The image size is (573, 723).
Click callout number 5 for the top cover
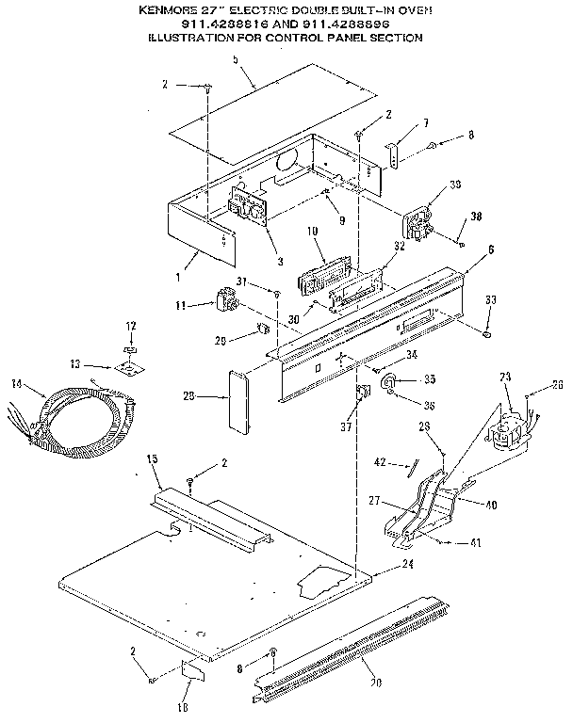[236, 60]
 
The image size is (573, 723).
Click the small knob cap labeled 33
[487, 332]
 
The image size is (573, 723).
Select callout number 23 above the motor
[504, 378]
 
